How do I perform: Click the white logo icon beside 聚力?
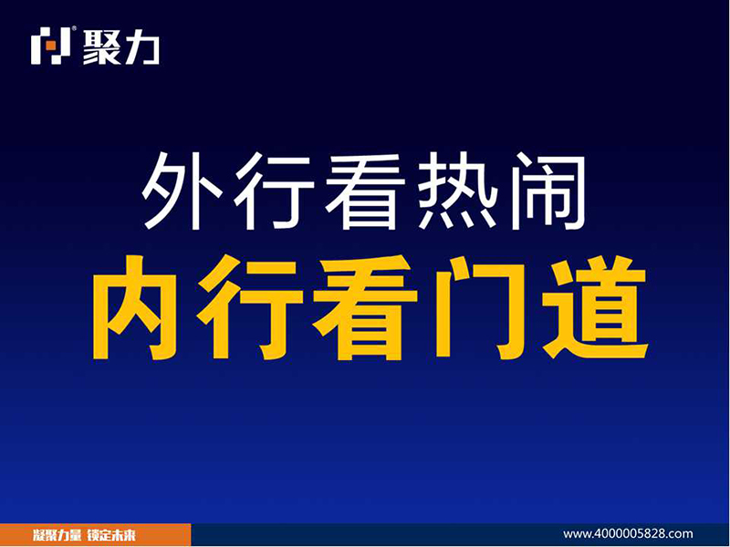pos(50,46)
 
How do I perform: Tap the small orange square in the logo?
pos(51,46)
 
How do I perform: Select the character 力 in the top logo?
pos(141,46)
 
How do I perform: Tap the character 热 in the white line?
pos(457,191)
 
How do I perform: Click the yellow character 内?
pos(134,307)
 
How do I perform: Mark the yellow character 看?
pos(366,307)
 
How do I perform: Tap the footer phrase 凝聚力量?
pos(57,535)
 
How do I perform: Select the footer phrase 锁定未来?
pos(111,535)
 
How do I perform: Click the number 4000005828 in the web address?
pos(631,533)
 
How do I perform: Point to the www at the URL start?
pos(577,534)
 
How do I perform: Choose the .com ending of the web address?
pos(681,534)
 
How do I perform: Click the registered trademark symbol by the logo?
pos(74,28)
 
